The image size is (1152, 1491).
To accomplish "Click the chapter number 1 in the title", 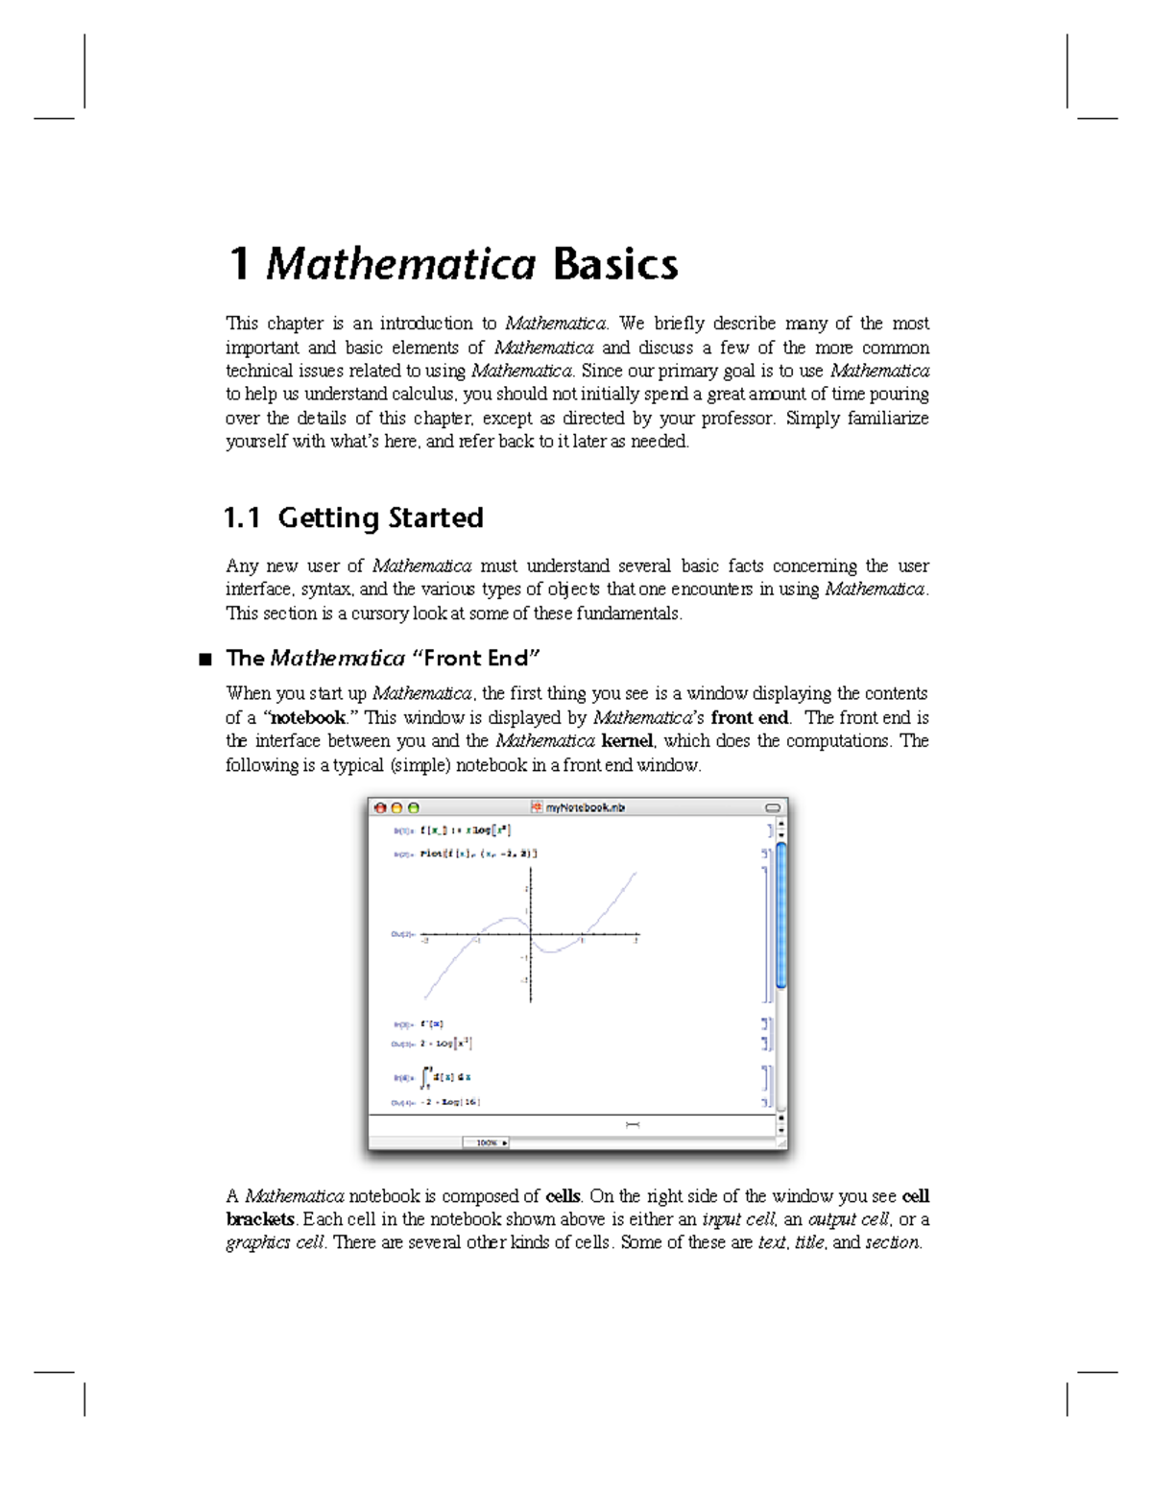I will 239,264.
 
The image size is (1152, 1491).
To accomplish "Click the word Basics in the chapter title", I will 615,264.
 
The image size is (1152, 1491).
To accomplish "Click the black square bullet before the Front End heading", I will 204,660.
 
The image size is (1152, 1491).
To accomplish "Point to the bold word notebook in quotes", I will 307,718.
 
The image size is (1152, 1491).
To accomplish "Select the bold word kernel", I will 627,741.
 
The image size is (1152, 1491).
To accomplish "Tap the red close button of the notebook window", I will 380,808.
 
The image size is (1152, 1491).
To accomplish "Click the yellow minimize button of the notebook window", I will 396,808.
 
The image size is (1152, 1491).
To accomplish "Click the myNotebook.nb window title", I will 585,807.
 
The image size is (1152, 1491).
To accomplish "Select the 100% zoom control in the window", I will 486,1142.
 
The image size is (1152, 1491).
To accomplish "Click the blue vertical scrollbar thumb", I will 781,915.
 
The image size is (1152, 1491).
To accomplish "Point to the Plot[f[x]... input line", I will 478,853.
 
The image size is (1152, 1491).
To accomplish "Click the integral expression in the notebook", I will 446,1077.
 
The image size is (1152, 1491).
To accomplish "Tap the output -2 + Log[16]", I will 449,1102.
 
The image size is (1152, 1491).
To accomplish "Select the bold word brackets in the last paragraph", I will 260,1220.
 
